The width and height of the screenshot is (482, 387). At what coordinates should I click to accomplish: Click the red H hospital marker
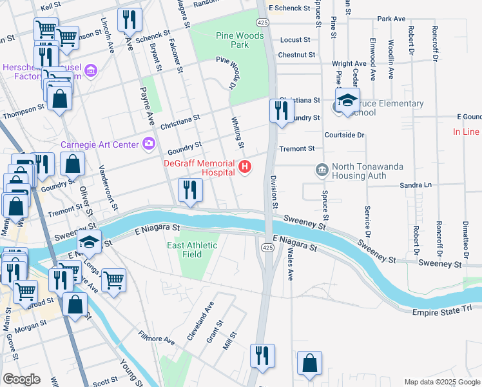244,168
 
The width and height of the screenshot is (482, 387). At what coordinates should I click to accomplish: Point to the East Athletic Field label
193,250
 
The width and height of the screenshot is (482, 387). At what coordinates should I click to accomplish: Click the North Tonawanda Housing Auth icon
321,170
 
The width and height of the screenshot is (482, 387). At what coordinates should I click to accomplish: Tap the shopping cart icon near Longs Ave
113,280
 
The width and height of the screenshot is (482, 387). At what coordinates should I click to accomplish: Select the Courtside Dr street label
345,135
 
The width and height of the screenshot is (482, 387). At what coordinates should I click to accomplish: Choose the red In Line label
466,132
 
